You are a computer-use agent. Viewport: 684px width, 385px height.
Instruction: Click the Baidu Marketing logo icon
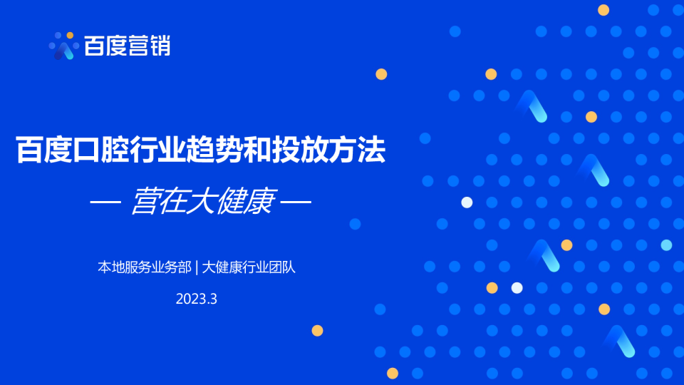63,46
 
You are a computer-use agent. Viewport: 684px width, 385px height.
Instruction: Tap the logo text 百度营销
127,46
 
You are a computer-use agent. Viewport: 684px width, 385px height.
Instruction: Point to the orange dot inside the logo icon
70,35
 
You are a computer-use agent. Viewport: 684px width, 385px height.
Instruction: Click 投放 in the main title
299,150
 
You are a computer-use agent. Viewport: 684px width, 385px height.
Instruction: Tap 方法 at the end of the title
357,150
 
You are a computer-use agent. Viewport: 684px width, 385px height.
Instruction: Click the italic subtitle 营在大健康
203,201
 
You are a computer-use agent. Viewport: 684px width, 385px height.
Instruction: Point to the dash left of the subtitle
105,202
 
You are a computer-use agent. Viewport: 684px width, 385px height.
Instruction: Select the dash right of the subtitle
296,202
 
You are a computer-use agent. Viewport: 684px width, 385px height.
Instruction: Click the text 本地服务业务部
145,267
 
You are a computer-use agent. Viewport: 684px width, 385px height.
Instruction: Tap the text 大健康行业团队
249,267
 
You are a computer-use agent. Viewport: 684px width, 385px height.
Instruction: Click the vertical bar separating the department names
197,267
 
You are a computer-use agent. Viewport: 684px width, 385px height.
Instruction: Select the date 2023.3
197,299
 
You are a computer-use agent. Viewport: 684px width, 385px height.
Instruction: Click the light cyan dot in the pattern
666,245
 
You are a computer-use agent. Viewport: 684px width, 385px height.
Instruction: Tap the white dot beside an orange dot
517,287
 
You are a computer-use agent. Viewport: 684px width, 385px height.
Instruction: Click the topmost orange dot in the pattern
603,10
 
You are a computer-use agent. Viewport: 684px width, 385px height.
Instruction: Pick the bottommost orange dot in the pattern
393,373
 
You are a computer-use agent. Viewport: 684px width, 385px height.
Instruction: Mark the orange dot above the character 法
381,74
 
